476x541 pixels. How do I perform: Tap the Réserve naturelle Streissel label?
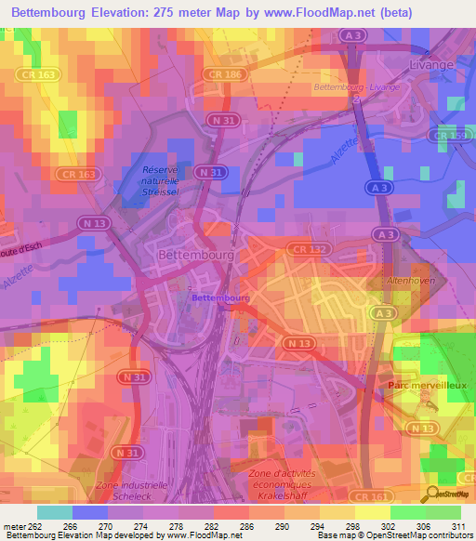160,179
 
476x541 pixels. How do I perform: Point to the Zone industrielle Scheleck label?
132,490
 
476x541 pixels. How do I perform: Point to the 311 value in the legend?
452,527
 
